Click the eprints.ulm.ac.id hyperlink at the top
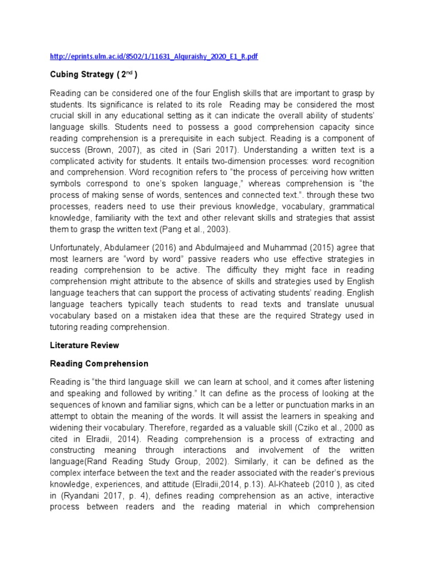tap(154, 57)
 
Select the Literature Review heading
tap(84, 345)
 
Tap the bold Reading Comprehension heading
tap(99, 364)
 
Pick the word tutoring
tap(68, 327)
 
